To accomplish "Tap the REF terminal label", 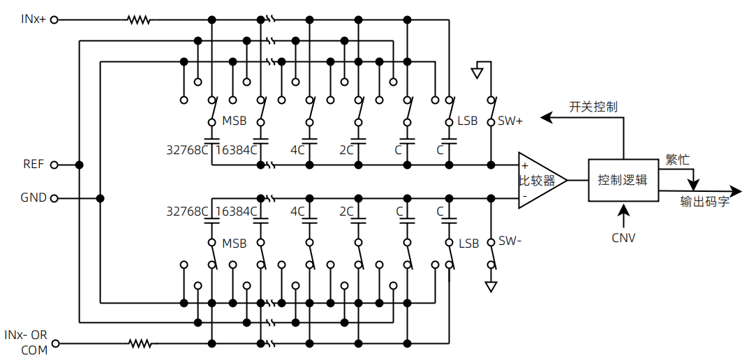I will point(33,165).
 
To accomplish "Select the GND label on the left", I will point(34,198).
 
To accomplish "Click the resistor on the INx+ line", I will point(138,20).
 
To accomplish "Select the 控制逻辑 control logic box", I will point(623,180).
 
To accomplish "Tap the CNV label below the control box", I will point(623,237).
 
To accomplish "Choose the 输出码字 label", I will point(706,202).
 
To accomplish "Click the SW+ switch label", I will point(510,121).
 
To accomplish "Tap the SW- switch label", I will point(510,241).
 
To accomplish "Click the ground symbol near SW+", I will point(477,71).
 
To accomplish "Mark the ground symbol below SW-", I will point(491,286).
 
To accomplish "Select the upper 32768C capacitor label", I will point(188,149).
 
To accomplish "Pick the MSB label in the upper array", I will point(234,121).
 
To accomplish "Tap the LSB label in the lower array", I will point(468,243).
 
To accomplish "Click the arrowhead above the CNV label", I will point(623,208).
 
